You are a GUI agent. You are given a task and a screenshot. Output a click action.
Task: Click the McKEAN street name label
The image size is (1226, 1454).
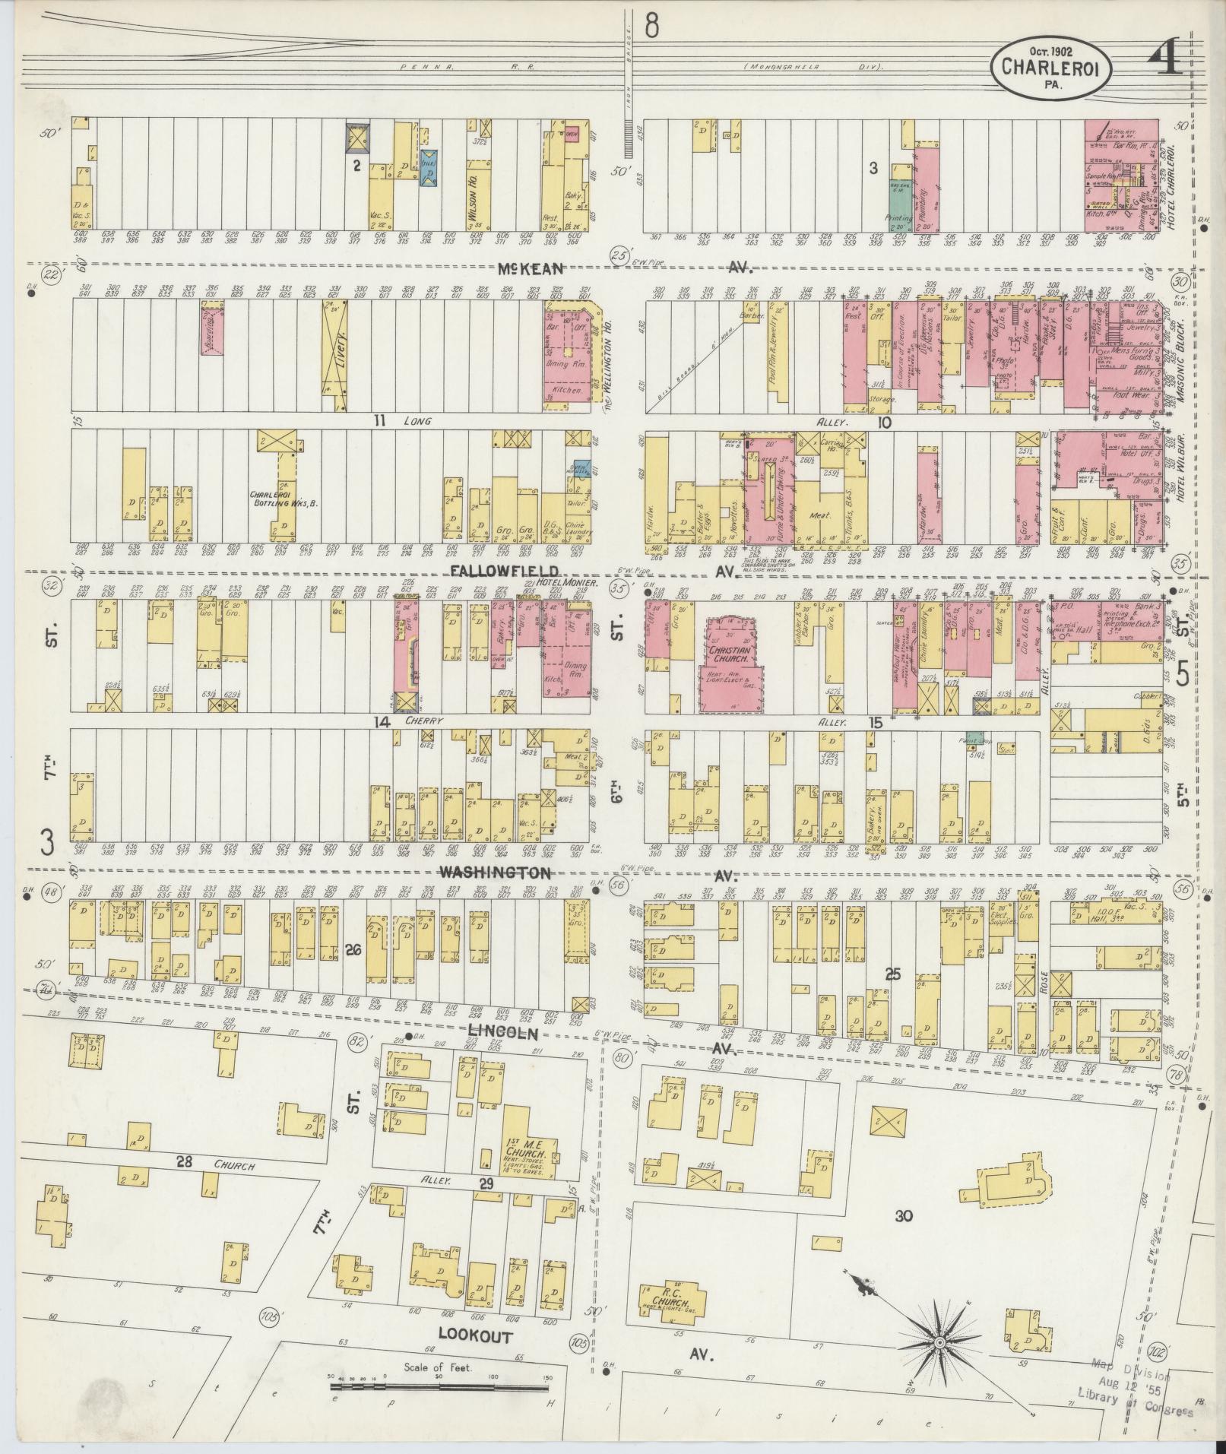tap(531, 268)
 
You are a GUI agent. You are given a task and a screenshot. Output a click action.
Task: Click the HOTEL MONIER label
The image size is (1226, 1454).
tap(561, 583)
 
